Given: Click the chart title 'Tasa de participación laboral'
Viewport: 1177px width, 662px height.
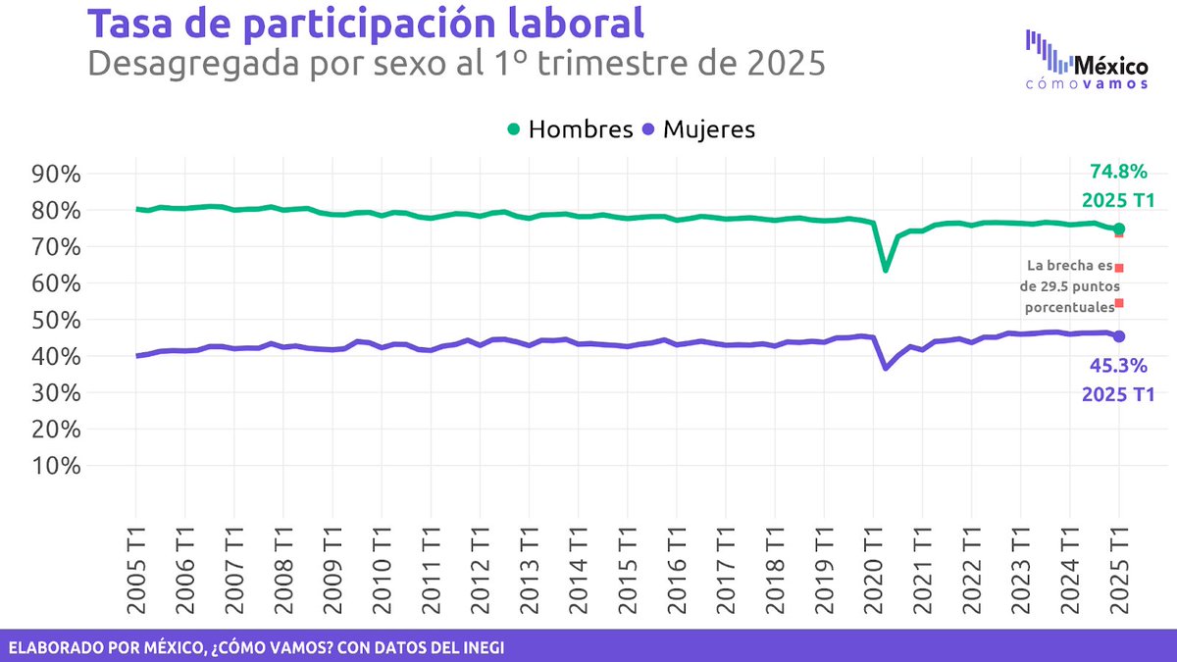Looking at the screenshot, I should (x=367, y=24).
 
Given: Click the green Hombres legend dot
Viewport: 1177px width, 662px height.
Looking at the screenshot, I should (x=513, y=129).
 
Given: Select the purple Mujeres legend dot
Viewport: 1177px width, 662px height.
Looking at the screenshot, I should (x=648, y=129).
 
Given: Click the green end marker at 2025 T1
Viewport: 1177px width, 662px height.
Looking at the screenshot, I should (x=1119, y=229).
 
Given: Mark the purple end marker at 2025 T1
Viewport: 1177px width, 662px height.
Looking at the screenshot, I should (x=1119, y=336).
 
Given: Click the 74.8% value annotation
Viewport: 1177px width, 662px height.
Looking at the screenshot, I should (x=1117, y=172).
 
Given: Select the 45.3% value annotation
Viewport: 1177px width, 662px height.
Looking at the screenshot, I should (x=1117, y=367).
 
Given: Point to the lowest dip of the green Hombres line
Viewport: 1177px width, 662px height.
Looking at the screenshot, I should (x=886, y=269).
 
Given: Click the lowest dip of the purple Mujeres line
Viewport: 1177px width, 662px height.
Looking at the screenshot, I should (x=886, y=367).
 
